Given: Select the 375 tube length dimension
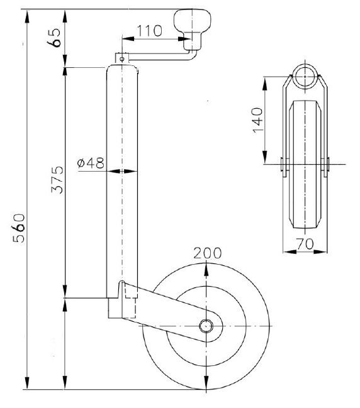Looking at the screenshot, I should point(57,180).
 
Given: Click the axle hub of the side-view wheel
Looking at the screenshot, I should point(206,326).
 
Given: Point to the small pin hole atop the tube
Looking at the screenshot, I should point(120,57).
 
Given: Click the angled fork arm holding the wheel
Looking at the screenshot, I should point(170,311).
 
